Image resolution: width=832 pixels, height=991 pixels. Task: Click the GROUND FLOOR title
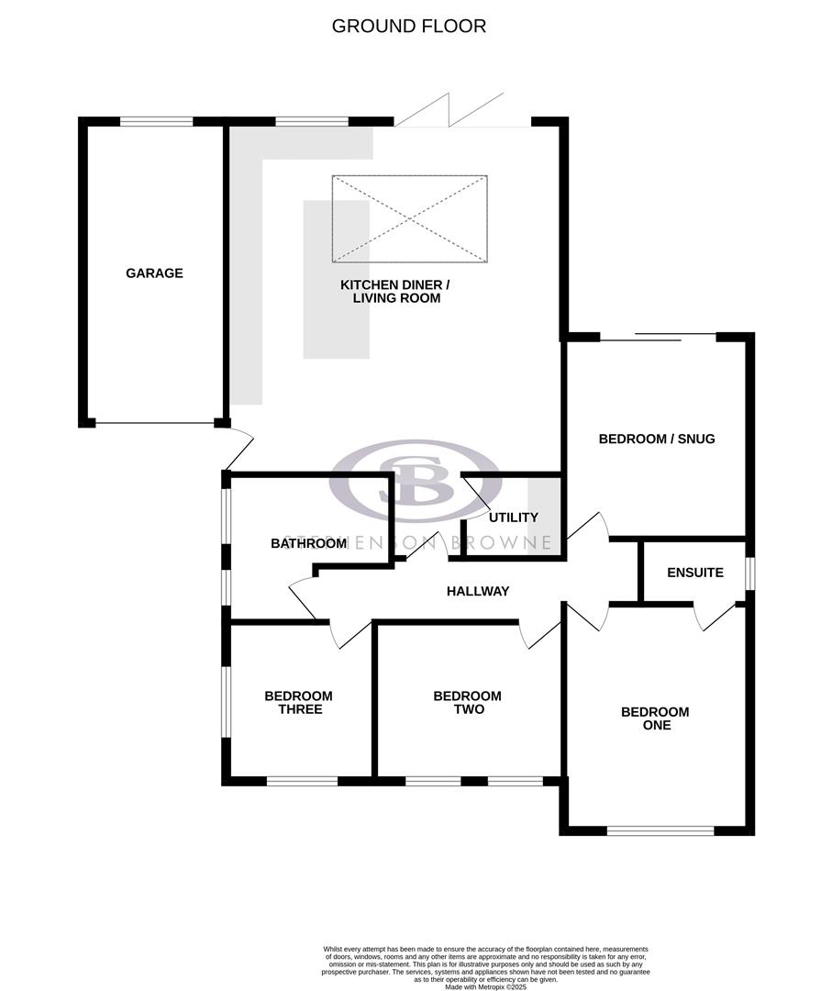tap(408, 26)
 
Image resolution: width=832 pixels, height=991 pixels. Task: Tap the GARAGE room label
tap(154, 273)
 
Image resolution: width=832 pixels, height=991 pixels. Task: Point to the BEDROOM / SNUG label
tap(656, 439)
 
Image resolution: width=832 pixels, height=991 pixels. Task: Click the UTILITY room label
tap(513, 518)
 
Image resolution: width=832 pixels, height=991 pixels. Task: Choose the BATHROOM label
tap(308, 543)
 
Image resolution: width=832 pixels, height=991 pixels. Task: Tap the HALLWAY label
tap(477, 591)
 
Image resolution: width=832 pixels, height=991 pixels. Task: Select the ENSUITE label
tap(694, 573)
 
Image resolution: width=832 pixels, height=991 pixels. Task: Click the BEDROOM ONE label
tap(655, 718)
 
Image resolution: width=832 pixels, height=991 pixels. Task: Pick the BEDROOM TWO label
tap(467, 703)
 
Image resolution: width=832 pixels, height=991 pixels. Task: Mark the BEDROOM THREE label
tap(298, 703)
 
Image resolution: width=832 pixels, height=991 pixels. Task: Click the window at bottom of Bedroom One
tap(660, 830)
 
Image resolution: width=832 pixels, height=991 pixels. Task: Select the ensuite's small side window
tap(749, 573)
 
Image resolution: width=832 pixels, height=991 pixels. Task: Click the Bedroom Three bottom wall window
tap(302, 781)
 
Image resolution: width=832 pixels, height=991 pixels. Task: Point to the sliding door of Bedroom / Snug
tap(657, 337)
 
